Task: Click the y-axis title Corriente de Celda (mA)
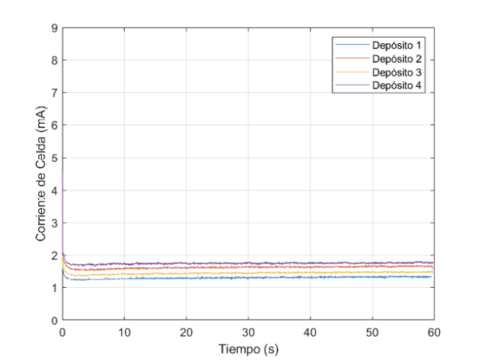(x=42, y=174)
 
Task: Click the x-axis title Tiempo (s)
(x=248, y=349)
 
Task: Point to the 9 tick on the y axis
(x=55, y=28)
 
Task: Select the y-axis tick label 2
(x=55, y=255)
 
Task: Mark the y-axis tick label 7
(x=55, y=93)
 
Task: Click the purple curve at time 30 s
(x=248, y=263)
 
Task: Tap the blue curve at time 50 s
(x=372, y=277)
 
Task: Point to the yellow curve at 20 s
(x=186, y=273)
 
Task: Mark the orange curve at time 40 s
(x=309, y=267)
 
